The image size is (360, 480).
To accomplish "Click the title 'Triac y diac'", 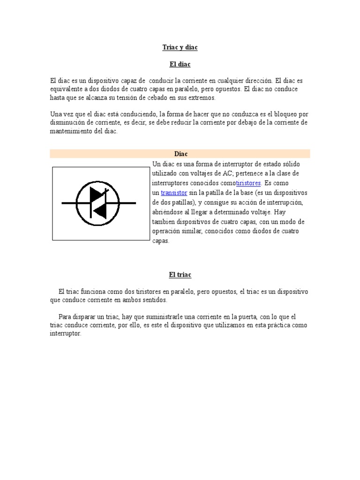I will (180, 48).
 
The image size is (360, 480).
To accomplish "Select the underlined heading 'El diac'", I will (180, 64).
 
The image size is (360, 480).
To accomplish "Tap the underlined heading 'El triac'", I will (180, 275).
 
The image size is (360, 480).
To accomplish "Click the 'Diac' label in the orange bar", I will (181, 154).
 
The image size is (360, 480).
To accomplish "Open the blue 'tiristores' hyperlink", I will (248, 183).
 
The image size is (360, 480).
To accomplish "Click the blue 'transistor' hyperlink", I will (174, 193).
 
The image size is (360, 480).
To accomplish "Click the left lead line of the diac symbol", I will (69, 203).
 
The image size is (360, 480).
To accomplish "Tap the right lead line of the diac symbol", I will (128, 203).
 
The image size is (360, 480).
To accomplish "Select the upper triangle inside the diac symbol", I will (97, 195).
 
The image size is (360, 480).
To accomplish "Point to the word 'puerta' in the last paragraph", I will (238, 316).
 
